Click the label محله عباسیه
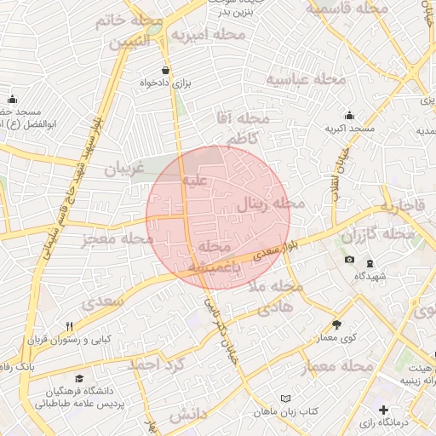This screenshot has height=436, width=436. [x=307, y=80]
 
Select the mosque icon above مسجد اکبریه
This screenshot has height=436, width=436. [x=349, y=115]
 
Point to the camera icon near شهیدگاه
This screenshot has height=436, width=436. [x=349, y=260]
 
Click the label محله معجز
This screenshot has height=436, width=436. [x=111, y=239]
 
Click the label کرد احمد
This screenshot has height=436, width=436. [x=157, y=364]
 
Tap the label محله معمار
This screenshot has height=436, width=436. [x=338, y=367]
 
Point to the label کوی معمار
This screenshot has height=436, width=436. [x=338, y=338]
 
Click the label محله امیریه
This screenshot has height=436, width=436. [x=208, y=35]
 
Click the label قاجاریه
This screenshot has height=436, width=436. [x=402, y=207]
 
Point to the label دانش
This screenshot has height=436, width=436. [x=189, y=415]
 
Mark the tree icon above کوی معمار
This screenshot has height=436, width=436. [x=337, y=324]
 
